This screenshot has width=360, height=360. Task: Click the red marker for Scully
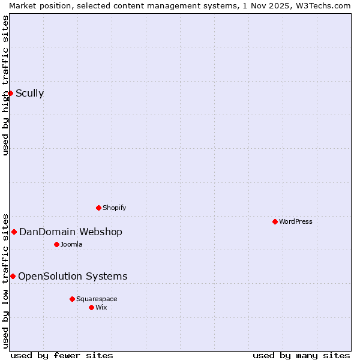click(x=10, y=93)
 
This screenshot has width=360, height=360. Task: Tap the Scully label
click(x=29, y=93)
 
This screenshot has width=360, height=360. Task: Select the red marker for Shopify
click(x=98, y=208)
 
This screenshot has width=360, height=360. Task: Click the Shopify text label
click(x=114, y=208)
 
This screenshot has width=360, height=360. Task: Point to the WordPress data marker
click(x=275, y=221)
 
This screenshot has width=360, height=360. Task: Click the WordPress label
click(x=295, y=221)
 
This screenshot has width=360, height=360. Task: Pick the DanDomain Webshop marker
click(x=14, y=232)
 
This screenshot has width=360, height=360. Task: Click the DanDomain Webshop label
click(x=70, y=232)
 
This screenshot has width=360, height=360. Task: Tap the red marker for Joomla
click(x=56, y=244)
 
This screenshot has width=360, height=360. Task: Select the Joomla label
click(x=71, y=244)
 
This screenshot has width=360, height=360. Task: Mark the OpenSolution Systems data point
click(x=13, y=276)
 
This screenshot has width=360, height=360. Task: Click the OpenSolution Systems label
click(x=73, y=276)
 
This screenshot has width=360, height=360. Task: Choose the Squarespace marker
click(x=72, y=299)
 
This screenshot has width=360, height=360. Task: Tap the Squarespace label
click(x=97, y=299)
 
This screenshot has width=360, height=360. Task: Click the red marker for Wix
click(x=91, y=307)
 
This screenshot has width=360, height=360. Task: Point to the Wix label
click(x=101, y=307)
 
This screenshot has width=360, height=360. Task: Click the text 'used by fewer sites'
click(x=62, y=355)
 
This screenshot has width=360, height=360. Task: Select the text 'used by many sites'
click(x=301, y=355)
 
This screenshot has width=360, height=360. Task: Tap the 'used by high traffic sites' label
click(x=5, y=85)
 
